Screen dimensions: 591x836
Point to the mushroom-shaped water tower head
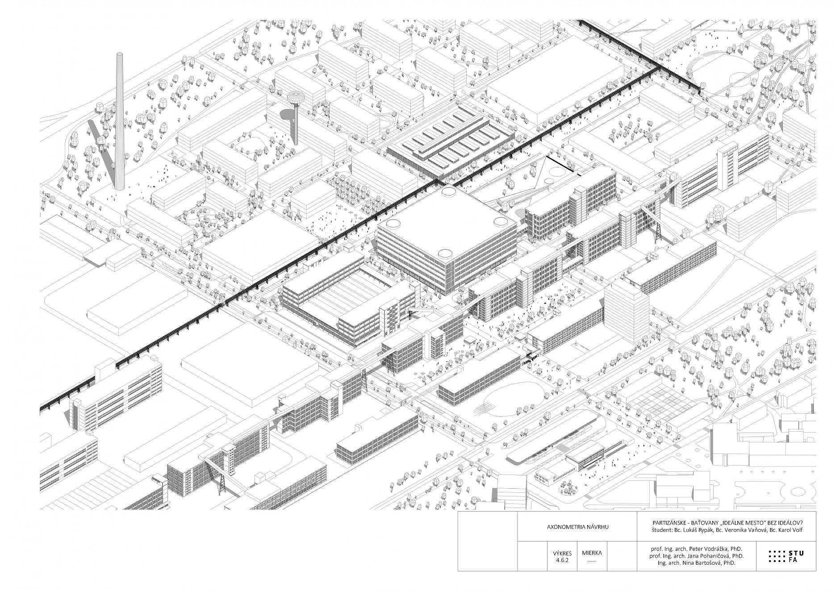tap(295, 97)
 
